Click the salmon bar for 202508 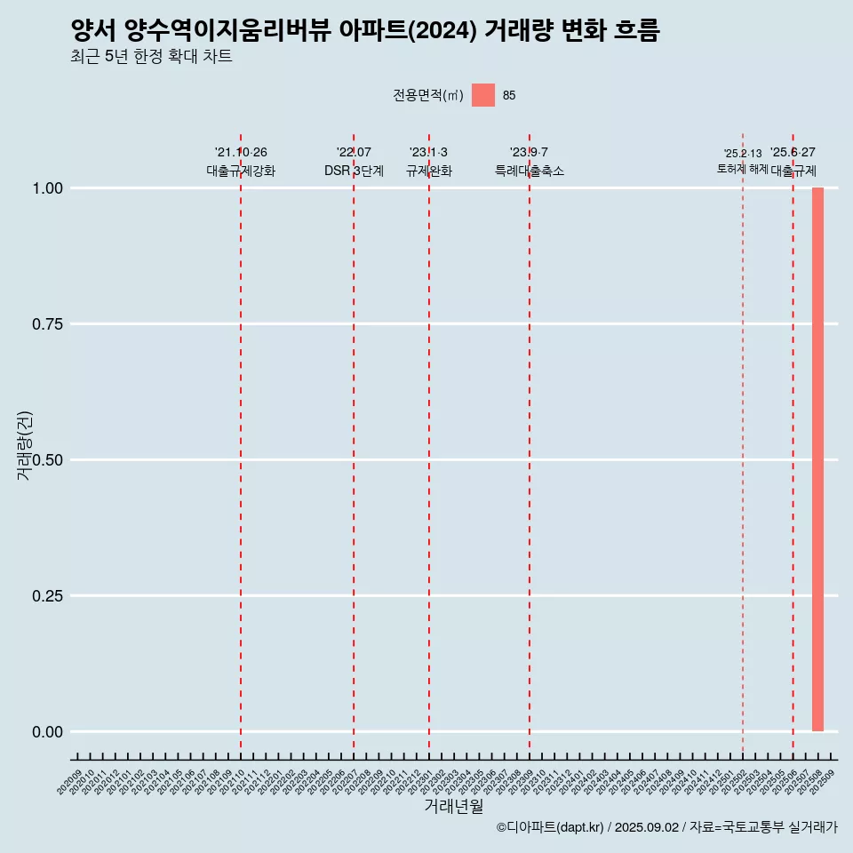point(817,459)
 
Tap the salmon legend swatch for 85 point(482,95)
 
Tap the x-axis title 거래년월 point(454,806)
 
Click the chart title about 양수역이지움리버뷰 point(365,31)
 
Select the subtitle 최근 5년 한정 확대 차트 point(151,58)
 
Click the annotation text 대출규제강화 point(241,171)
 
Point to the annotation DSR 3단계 point(354,171)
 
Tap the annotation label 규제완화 point(429,171)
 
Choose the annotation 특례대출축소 point(530,171)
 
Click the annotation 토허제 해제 point(743,169)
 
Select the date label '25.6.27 point(793,152)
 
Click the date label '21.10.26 point(241,152)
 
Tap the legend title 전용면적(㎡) point(427,95)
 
